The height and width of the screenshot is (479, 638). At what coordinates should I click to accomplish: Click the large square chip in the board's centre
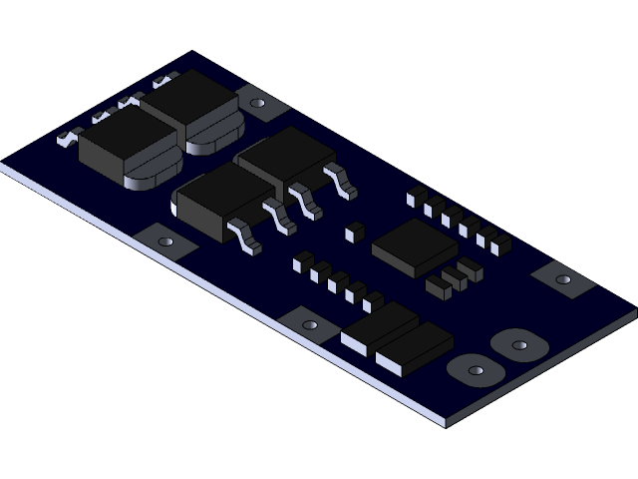tap(414, 246)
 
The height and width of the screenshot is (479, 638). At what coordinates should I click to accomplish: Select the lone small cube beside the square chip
tap(350, 233)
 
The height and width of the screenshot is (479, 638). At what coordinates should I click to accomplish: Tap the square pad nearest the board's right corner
tap(563, 278)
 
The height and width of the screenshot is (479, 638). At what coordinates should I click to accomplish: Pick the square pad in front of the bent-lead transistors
tap(164, 241)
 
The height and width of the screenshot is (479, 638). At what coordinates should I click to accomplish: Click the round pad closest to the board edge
tap(476, 370)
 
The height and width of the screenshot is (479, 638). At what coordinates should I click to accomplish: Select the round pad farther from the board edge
tap(519, 345)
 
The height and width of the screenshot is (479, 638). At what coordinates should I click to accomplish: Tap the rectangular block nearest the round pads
tap(414, 348)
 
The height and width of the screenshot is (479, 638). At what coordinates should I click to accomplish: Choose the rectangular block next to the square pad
tap(379, 325)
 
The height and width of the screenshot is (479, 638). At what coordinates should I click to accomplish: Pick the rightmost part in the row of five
tap(373, 300)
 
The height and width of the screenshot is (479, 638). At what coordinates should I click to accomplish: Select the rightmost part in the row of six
tap(500, 242)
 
